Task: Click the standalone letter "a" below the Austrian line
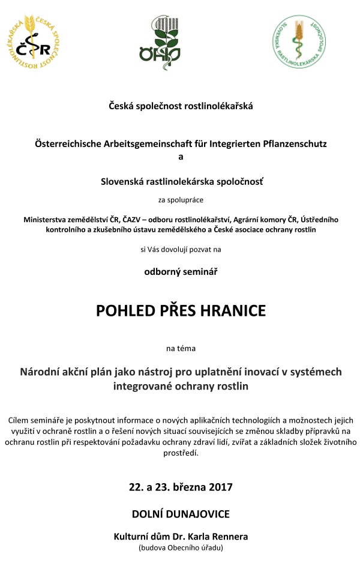(x=181, y=157)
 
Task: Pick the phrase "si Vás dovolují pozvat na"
(x=181, y=247)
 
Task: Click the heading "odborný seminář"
(x=181, y=271)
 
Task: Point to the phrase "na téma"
(x=181, y=348)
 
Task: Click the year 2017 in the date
(x=218, y=487)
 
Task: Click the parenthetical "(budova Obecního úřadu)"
(x=181, y=547)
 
